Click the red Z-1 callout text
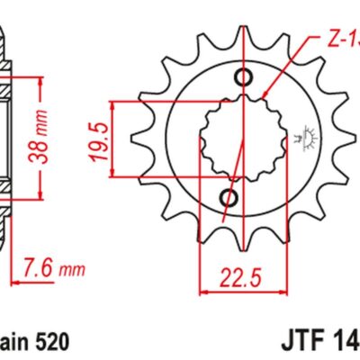coord(341,40)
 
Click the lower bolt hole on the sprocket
coord(229,196)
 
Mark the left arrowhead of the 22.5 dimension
coord(203,292)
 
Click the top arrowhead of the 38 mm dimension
coord(41,81)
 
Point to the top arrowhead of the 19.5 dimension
coord(115,105)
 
